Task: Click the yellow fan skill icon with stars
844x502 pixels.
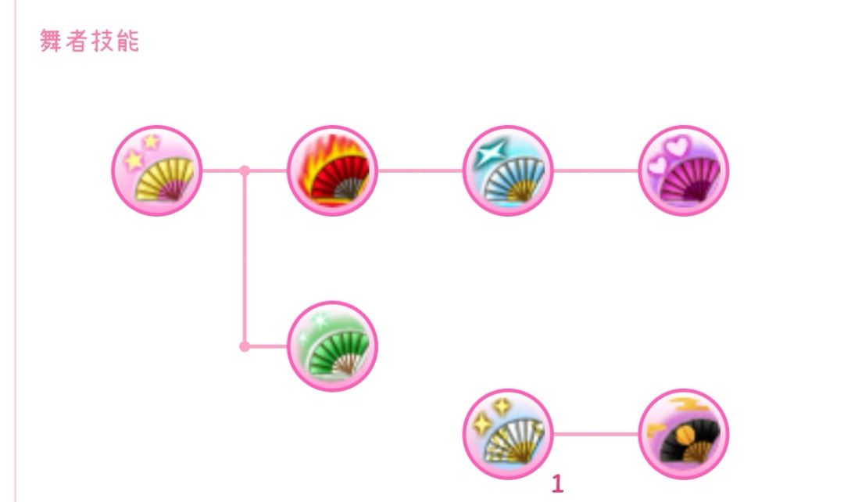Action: tap(156, 170)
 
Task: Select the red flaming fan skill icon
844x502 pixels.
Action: tap(332, 170)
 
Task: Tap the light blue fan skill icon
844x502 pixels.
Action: tap(508, 170)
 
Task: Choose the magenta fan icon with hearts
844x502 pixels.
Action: tap(684, 170)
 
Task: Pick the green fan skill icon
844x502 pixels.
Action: tap(332, 346)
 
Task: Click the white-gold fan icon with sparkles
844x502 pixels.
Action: tap(508, 434)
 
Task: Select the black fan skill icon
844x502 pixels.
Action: tap(684, 434)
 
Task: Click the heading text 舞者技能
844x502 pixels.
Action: tap(89, 41)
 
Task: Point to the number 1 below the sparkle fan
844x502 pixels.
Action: tap(558, 484)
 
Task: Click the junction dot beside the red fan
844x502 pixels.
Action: tap(245, 170)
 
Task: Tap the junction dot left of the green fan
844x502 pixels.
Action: tap(245, 346)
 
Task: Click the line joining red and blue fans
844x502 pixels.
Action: tap(420, 170)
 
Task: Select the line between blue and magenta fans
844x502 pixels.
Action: tap(595, 170)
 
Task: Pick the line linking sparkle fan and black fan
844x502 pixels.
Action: tap(595, 434)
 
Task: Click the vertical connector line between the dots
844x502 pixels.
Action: tap(245, 259)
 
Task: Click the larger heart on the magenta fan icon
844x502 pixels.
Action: tap(677, 146)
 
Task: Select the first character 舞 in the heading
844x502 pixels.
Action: tap(51, 41)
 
